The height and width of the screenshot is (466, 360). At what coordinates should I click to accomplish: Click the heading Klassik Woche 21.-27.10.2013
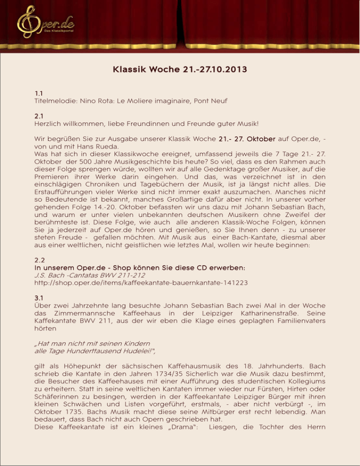(180, 71)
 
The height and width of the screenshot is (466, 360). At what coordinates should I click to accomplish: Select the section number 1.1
(40, 93)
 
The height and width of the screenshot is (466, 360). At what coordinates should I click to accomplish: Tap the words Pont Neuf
(237, 101)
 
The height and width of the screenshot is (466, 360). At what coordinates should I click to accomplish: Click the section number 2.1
(40, 115)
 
